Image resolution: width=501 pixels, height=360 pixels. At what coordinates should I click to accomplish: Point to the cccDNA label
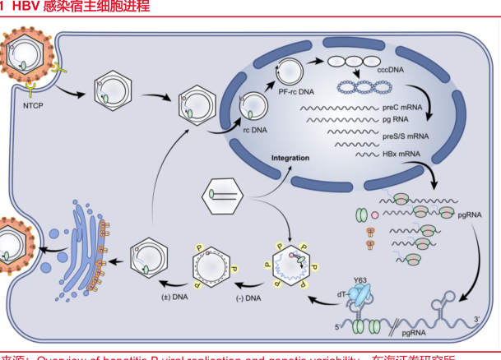point(392,72)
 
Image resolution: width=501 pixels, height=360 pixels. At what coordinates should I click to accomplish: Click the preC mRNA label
point(401,108)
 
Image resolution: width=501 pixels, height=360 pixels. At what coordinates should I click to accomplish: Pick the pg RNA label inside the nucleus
point(395,119)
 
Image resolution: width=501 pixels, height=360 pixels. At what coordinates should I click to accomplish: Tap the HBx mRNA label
point(400,154)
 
